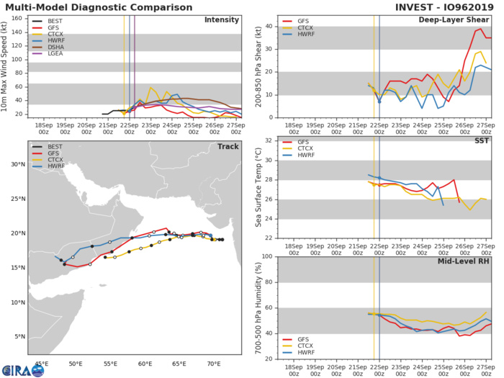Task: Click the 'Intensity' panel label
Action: (221, 20)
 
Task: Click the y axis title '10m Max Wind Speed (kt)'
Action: (6, 66)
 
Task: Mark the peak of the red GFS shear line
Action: (480, 29)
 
